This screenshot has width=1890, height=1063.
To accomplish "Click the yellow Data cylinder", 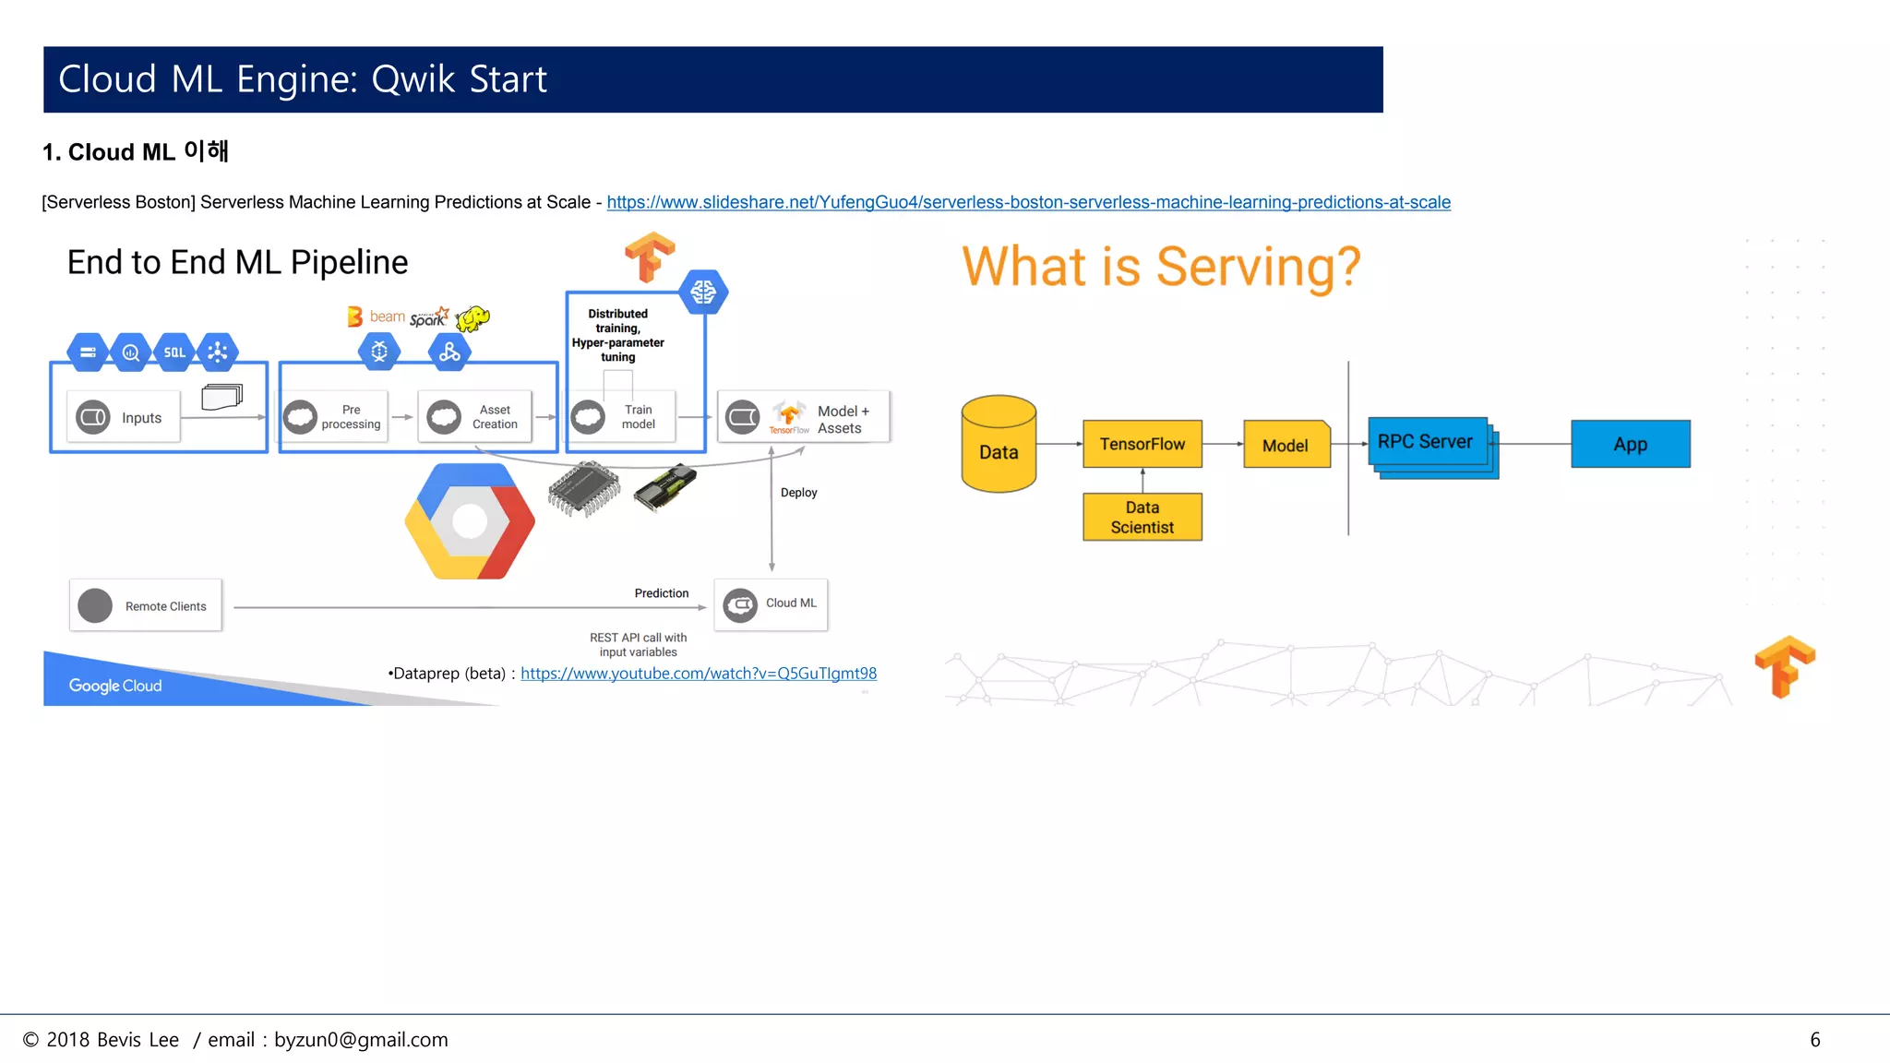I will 999,445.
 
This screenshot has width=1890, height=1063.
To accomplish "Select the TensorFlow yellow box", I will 1142,444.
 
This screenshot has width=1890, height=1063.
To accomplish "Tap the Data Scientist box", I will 1142,517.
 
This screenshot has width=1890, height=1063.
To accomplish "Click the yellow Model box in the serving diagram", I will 1286,445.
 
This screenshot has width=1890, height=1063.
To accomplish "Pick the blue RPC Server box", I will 1427,442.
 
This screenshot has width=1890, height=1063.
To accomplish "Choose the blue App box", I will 1631,444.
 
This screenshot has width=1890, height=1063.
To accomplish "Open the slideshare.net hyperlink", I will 1028,202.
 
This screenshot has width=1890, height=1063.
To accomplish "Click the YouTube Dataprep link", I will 699,674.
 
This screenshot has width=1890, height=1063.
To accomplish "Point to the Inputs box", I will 124,417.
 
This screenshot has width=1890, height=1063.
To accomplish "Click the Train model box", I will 622,417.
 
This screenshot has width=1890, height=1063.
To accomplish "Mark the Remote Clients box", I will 146,605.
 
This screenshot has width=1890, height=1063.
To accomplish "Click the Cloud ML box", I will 772,604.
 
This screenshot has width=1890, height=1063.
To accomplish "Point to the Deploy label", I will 798,493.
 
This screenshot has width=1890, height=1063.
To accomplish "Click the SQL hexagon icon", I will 174,352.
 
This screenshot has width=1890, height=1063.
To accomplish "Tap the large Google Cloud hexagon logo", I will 470,521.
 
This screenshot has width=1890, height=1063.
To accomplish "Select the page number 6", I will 1814,1040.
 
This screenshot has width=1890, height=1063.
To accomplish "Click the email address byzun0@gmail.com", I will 361,1040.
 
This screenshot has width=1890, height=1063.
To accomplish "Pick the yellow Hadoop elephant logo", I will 472,318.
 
